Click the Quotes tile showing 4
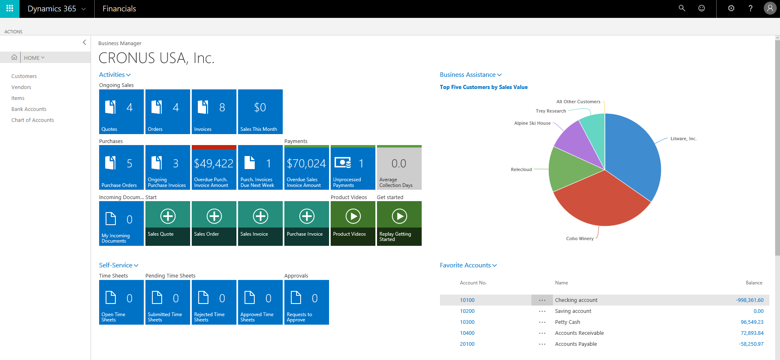click(121, 112)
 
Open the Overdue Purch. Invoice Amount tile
click(214, 167)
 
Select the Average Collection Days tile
click(399, 167)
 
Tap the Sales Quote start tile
click(167, 223)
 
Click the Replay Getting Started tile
click(399, 223)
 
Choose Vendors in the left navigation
click(21, 87)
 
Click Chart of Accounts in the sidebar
click(32, 120)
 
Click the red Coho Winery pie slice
click(601, 203)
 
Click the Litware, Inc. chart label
click(683, 139)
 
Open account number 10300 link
click(467, 322)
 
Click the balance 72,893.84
click(752, 333)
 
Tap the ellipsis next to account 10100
click(542, 300)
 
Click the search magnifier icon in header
click(682, 8)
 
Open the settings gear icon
click(731, 8)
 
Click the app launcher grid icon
click(10, 8)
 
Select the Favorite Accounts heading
click(466, 265)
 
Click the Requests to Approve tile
click(306, 302)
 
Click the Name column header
click(561, 283)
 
